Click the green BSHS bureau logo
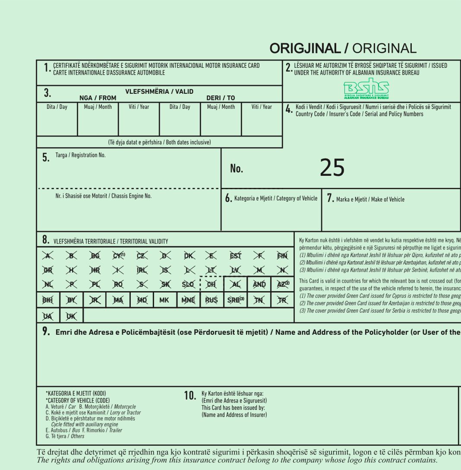[x=366, y=89]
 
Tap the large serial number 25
[x=332, y=168]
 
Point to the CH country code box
[x=212, y=285]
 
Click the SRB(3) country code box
[x=236, y=300]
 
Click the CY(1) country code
[x=119, y=255]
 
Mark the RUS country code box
[x=212, y=300]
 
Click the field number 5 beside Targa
[x=46, y=158]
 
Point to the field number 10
[x=190, y=396]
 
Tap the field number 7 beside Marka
[x=330, y=199]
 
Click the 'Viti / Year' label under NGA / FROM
[x=139, y=107]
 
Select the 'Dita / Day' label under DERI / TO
[x=180, y=107]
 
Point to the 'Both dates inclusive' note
[x=188, y=142]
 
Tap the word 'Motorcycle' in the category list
[x=125, y=407]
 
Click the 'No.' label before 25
[x=237, y=169]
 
